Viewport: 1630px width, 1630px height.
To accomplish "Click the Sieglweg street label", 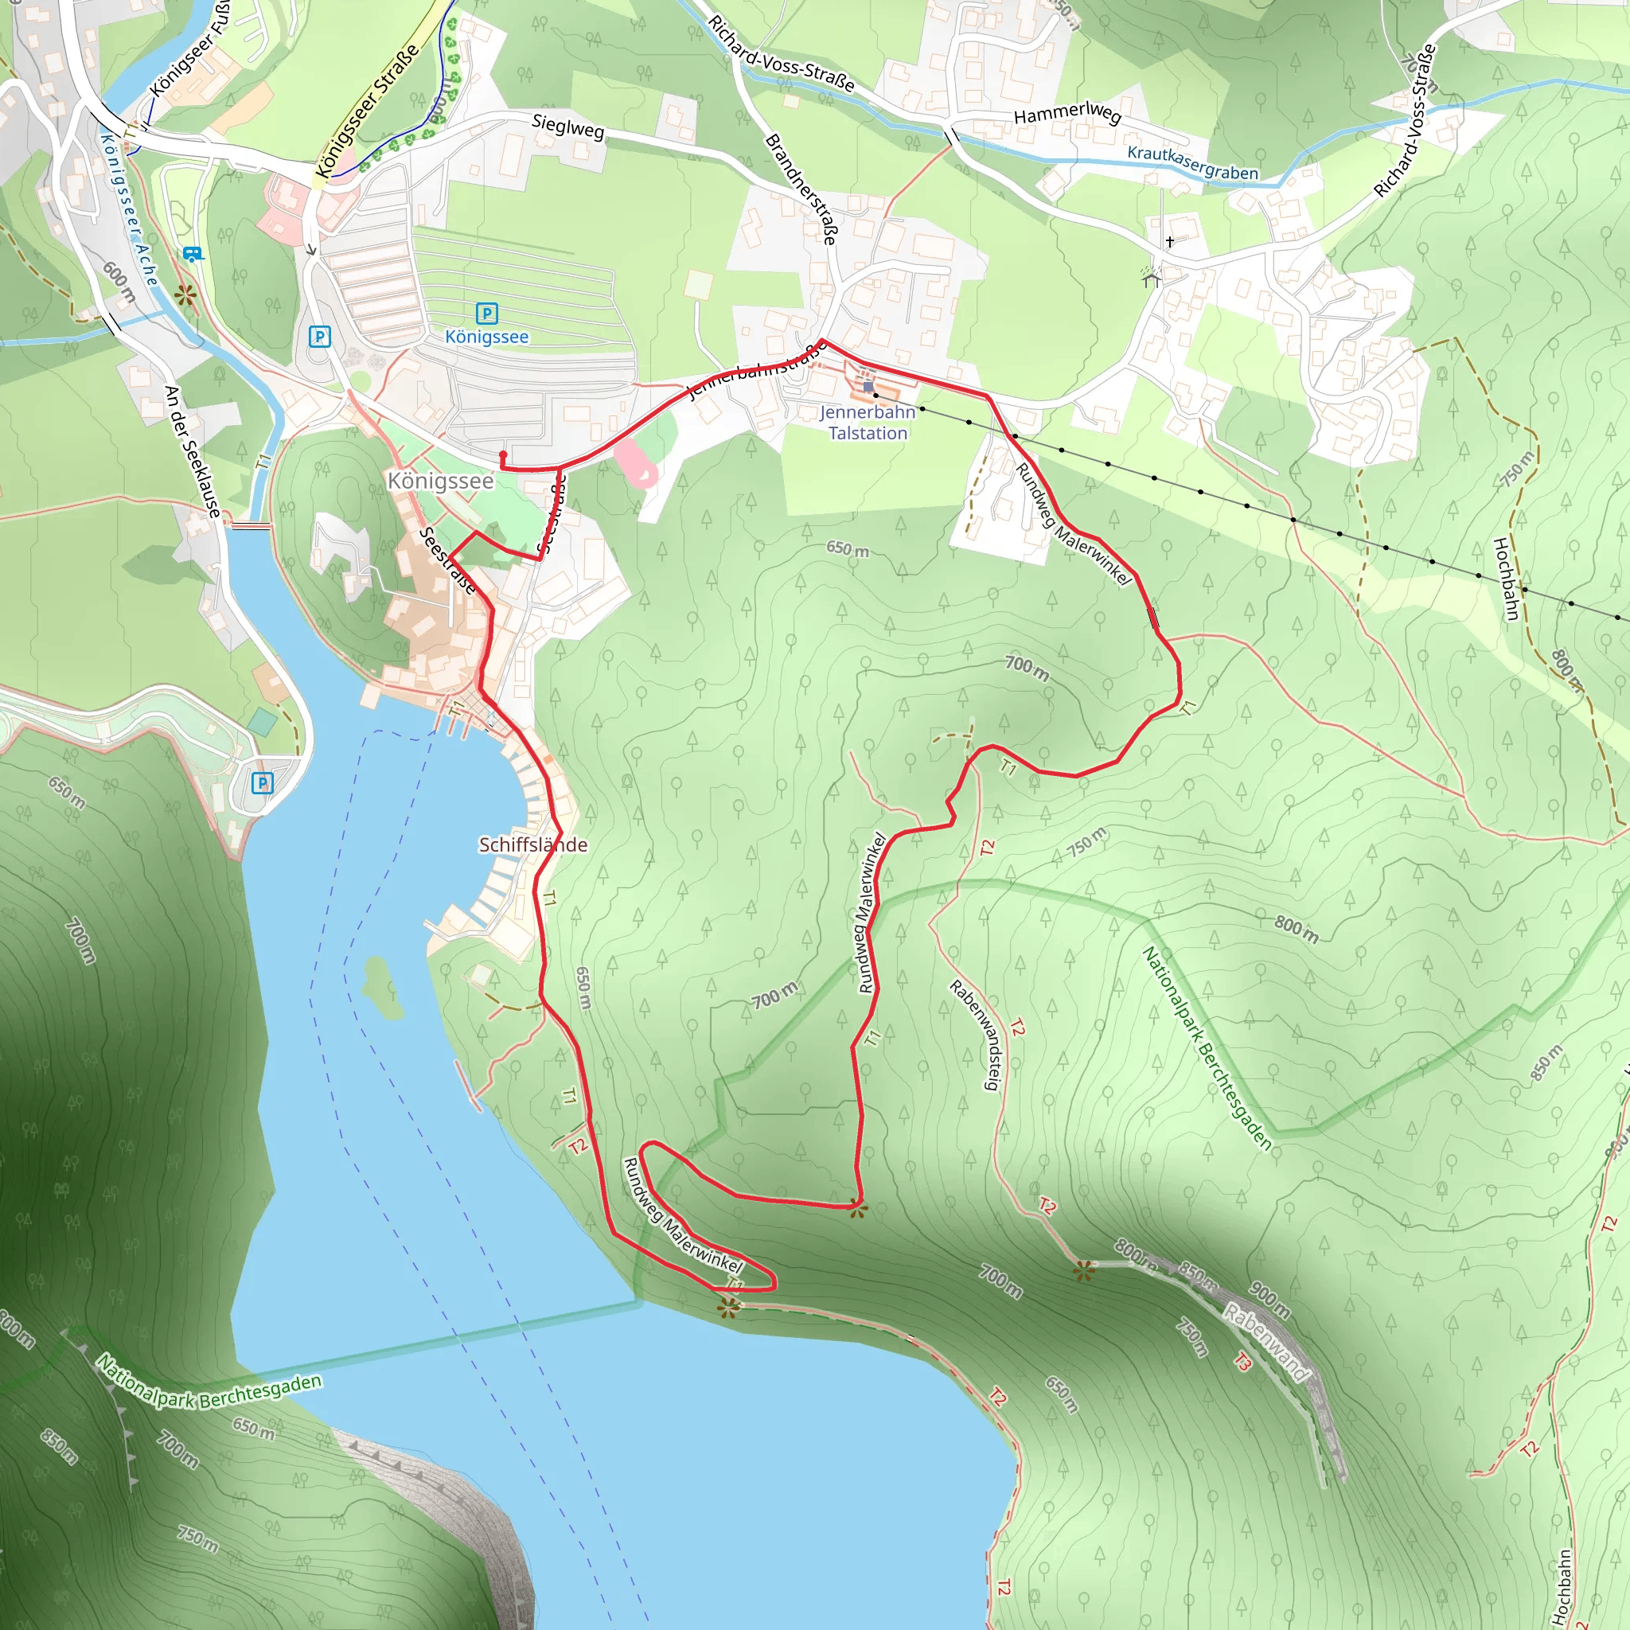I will [567, 127].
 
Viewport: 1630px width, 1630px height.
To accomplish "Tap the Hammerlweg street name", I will [1067, 112].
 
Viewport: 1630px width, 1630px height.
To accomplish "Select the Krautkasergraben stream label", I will [1192, 164].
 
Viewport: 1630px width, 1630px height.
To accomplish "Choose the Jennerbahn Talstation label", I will [868, 423].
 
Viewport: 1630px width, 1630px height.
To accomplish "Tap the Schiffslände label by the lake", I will [532, 844].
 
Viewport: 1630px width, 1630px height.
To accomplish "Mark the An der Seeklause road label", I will [193, 451].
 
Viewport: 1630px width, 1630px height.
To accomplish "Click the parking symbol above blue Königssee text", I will [487, 314].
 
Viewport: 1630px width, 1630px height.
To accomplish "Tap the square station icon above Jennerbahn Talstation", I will [868, 386].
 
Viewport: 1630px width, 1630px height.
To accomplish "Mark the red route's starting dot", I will [504, 454].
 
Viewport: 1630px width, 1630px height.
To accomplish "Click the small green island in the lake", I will [380, 987].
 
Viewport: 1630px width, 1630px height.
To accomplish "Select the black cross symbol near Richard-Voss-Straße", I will [1169, 241].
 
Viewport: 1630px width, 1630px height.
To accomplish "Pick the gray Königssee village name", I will [440, 481].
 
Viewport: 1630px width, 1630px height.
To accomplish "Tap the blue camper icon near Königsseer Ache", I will [192, 253].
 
